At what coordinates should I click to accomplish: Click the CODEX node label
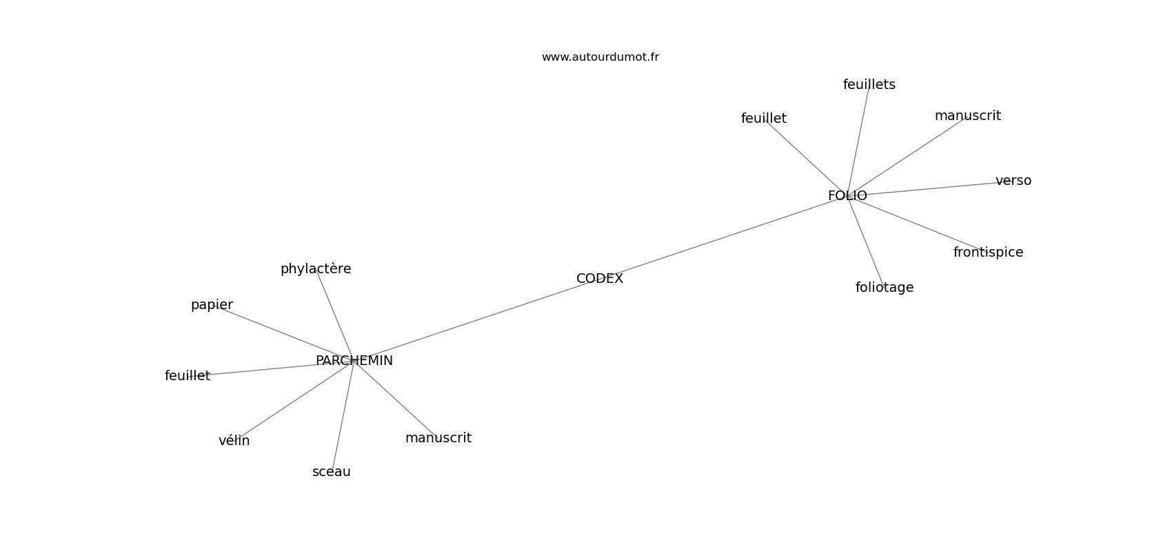coord(600,279)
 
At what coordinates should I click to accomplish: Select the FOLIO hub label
coord(847,196)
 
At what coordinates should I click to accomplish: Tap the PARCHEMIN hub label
coord(354,361)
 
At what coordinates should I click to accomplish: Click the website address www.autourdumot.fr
coord(600,57)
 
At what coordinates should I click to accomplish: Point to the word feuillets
coord(869,85)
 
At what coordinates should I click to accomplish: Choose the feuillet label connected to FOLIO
coord(763,119)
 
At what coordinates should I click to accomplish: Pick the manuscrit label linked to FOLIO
coord(967,116)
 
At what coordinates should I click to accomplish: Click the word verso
coord(1013,181)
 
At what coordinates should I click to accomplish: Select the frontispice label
coord(988,253)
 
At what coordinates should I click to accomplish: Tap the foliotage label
coord(885,288)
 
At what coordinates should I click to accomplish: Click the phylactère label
coord(316,269)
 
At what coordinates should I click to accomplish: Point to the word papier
coord(212,305)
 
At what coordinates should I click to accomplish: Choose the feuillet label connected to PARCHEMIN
coord(188,376)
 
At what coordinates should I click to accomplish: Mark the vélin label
coord(234,441)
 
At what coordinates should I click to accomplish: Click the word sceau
coord(331,472)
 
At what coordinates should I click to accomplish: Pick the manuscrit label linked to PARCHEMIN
coord(438,438)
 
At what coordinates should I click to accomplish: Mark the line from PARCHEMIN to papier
coord(283,333)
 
